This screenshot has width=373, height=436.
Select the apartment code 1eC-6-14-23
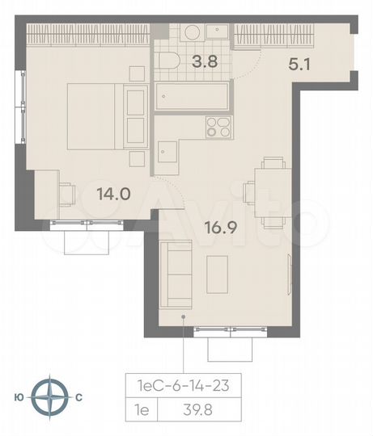[183, 387]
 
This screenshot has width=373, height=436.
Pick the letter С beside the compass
[78, 397]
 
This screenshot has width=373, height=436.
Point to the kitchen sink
[168, 153]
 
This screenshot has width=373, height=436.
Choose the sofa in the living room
[174, 275]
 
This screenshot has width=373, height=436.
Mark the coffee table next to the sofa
[218, 274]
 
